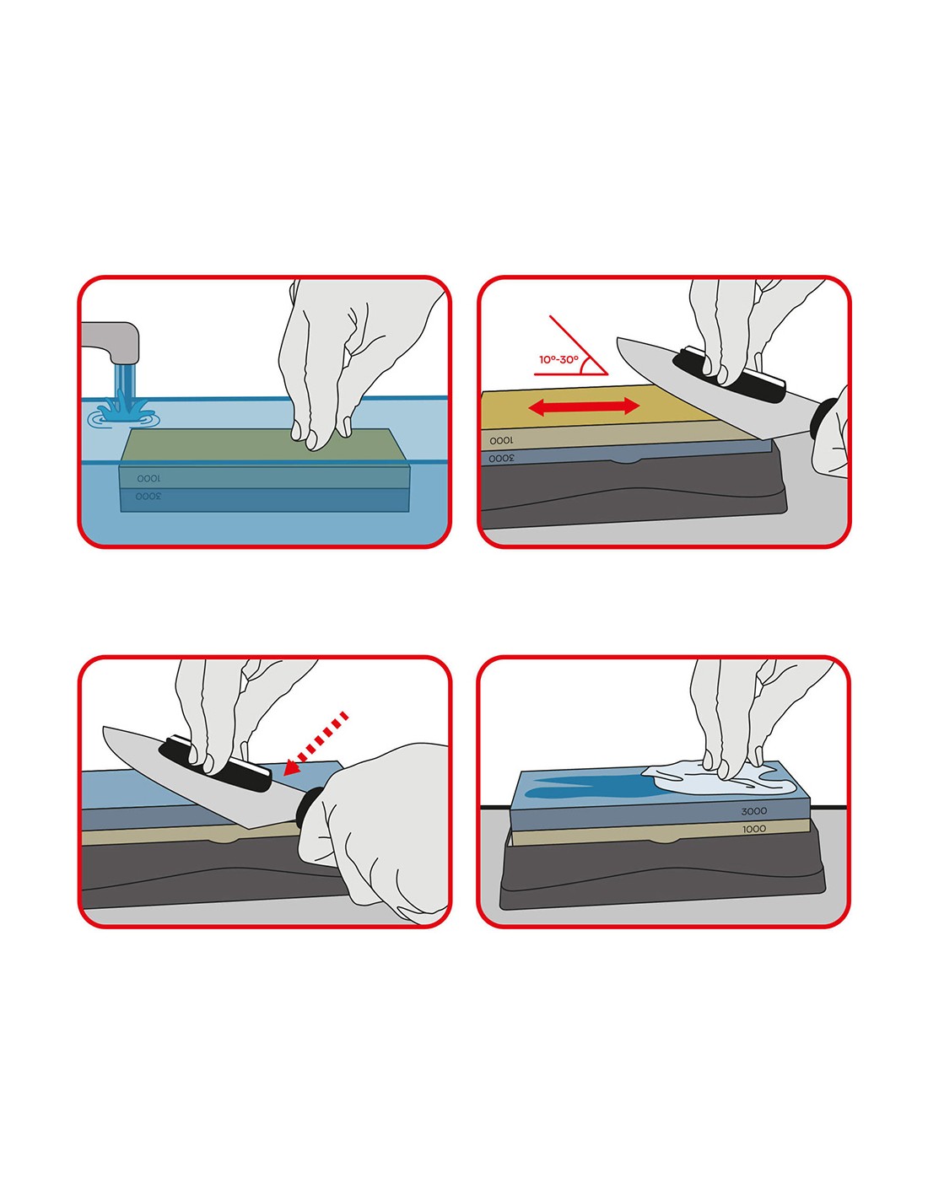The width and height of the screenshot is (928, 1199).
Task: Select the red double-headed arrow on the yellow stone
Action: [x=584, y=407]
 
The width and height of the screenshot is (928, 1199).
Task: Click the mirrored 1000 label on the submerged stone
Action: [x=148, y=478]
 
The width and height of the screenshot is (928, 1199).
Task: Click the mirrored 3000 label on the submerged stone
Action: [x=148, y=496]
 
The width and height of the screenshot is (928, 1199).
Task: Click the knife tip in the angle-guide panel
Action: [x=618, y=339]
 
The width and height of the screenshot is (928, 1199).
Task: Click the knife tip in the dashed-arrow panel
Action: [x=104, y=729]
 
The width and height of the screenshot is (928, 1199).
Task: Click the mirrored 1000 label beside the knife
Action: [x=501, y=440]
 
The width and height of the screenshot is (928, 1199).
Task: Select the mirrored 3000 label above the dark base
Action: [x=501, y=458]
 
